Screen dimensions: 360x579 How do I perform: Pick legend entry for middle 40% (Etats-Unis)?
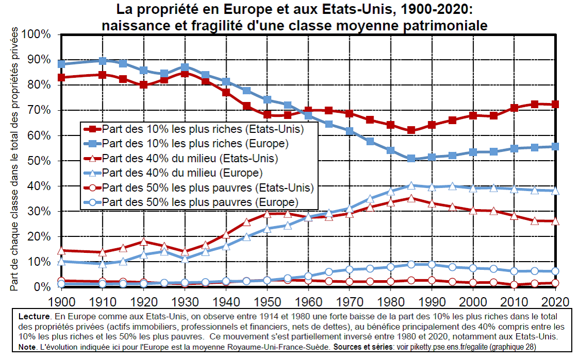point(191,157)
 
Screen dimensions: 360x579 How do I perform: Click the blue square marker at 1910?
point(103,61)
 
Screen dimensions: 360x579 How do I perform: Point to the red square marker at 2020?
point(555,105)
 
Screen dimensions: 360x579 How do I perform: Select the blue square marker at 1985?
point(411,159)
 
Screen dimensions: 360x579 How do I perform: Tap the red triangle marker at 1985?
point(411,198)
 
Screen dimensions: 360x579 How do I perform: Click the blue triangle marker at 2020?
point(555,191)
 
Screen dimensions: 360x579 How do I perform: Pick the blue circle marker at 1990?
point(432,265)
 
